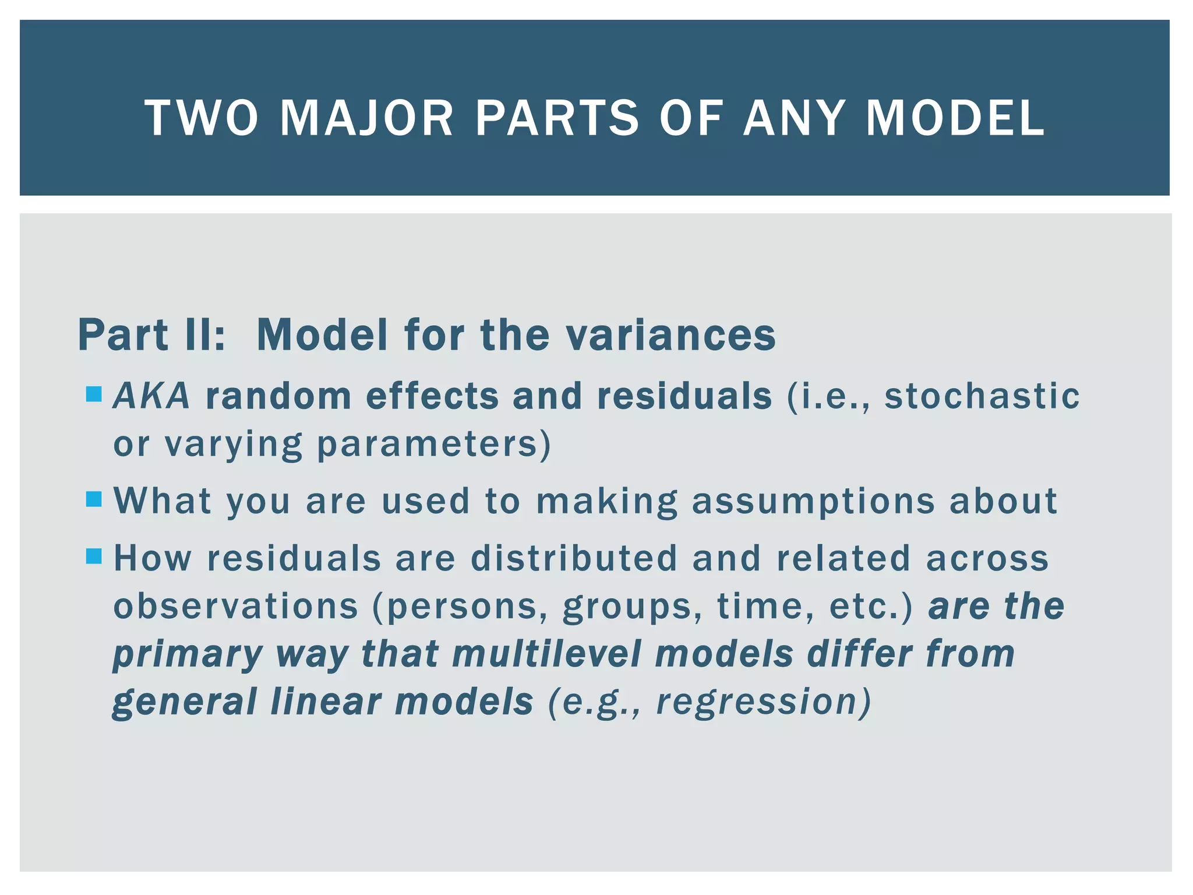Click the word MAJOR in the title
click(366, 118)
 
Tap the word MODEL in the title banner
click(955, 118)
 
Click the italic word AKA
click(151, 396)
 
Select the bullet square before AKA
click(94, 394)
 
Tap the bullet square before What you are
click(94, 499)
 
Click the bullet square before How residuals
click(94, 556)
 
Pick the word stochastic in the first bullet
click(982, 396)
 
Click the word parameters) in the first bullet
click(433, 445)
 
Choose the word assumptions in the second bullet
click(813, 501)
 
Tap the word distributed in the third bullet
click(574, 558)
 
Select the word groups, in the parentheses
click(632, 607)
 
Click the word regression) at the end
click(764, 702)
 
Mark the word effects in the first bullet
click(432, 396)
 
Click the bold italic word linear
click(326, 701)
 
